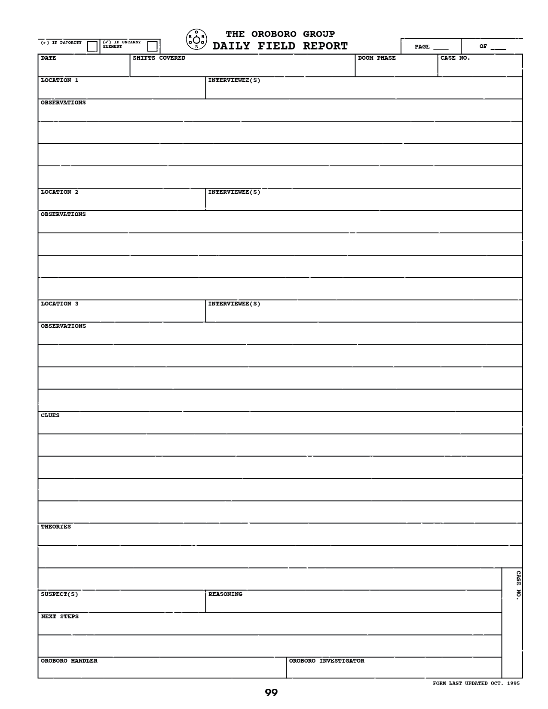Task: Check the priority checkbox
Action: point(92,46)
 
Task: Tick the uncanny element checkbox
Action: point(152,46)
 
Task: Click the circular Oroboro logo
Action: point(196,39)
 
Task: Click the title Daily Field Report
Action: point(280,46)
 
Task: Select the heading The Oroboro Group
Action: point(280,34)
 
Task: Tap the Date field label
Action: point(49,58)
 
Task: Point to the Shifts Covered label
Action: point(159,58)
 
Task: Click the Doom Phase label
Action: point(377,58)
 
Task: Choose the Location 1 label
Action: point(60,80)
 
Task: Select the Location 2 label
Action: point(60,192)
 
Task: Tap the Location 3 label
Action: point(60,304)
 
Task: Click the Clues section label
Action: point(50,416)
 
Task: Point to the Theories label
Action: point(56,527)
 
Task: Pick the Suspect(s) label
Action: point(60,594)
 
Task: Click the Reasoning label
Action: point(225,594)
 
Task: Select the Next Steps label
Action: point(60,617)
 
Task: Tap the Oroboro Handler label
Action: point(69,661)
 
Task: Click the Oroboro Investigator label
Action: point(327,661)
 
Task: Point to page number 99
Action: point(271,693)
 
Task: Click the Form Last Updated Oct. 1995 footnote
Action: point(476,683)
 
